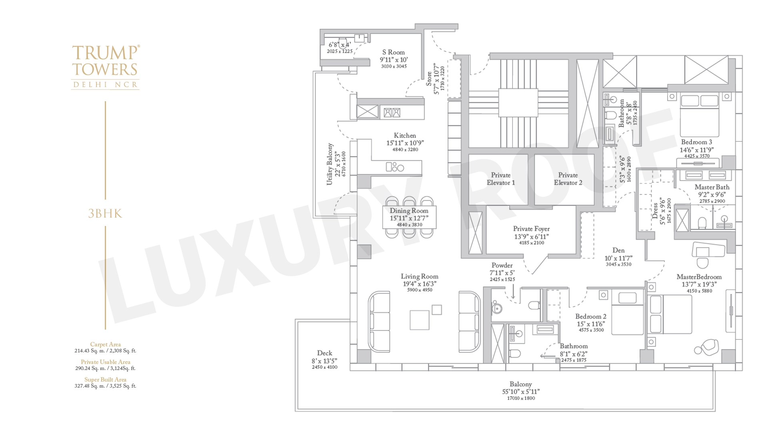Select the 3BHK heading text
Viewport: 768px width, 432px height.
[x=105, y=214]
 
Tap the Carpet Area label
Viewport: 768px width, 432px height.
[x=105, y=344]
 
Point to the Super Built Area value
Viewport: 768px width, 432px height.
[x=105, y=386]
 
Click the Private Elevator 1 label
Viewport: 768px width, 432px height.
[x=501, y=179]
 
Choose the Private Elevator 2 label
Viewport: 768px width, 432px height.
[x=568, y=179]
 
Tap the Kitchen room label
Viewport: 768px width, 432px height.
[x=405, y=136]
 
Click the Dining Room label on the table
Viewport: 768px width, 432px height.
[x=409, y=211]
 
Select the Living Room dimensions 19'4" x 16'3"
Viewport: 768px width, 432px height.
[x=420, y=284]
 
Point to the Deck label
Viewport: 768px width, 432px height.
[x=324, y=353]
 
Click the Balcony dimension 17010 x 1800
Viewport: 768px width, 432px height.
[x=521, y=398]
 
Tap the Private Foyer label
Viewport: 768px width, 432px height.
[x=531, y=229]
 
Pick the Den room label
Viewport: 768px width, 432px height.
[x=618, y=250]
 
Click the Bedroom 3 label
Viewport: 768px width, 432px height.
[x=696, y=142]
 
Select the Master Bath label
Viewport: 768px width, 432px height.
[x=712, y=187]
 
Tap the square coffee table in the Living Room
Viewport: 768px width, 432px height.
[x=420, y=320]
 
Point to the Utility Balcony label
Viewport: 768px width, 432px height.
[x=330, y=164]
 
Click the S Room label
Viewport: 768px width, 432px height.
[x=394, y=52]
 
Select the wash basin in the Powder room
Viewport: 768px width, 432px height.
[x=497, y=308]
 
